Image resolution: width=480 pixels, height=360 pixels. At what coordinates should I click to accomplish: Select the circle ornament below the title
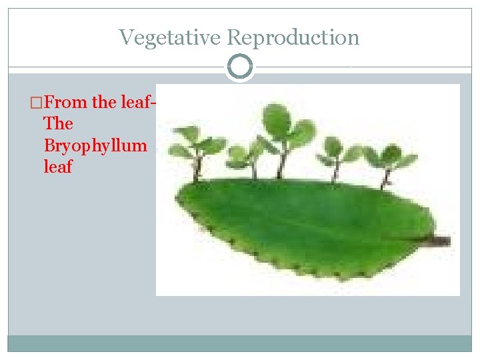[x=240, y=67]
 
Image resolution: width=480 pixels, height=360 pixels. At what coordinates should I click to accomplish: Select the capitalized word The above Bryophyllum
[x=57, y=124]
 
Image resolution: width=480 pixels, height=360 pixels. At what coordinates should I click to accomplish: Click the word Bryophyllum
[x=94, y=145]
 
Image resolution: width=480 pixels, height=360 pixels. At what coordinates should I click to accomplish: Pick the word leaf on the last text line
[x=57, y=167]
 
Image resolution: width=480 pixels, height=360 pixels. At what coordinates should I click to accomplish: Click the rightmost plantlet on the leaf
[x=389, y=160]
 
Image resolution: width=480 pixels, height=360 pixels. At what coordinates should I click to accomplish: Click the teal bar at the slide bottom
[x=240, y=343]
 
